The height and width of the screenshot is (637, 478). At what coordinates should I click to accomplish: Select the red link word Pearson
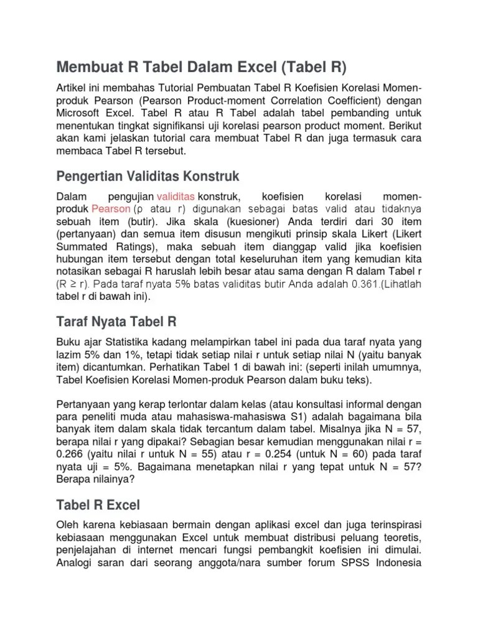coord(111,210)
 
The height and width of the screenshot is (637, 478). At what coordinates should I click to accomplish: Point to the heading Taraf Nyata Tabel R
coord(116,322)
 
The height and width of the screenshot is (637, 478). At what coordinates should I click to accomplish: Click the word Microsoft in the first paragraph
coord(82,114)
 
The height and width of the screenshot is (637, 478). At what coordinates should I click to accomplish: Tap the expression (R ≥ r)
coord(73,284)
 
